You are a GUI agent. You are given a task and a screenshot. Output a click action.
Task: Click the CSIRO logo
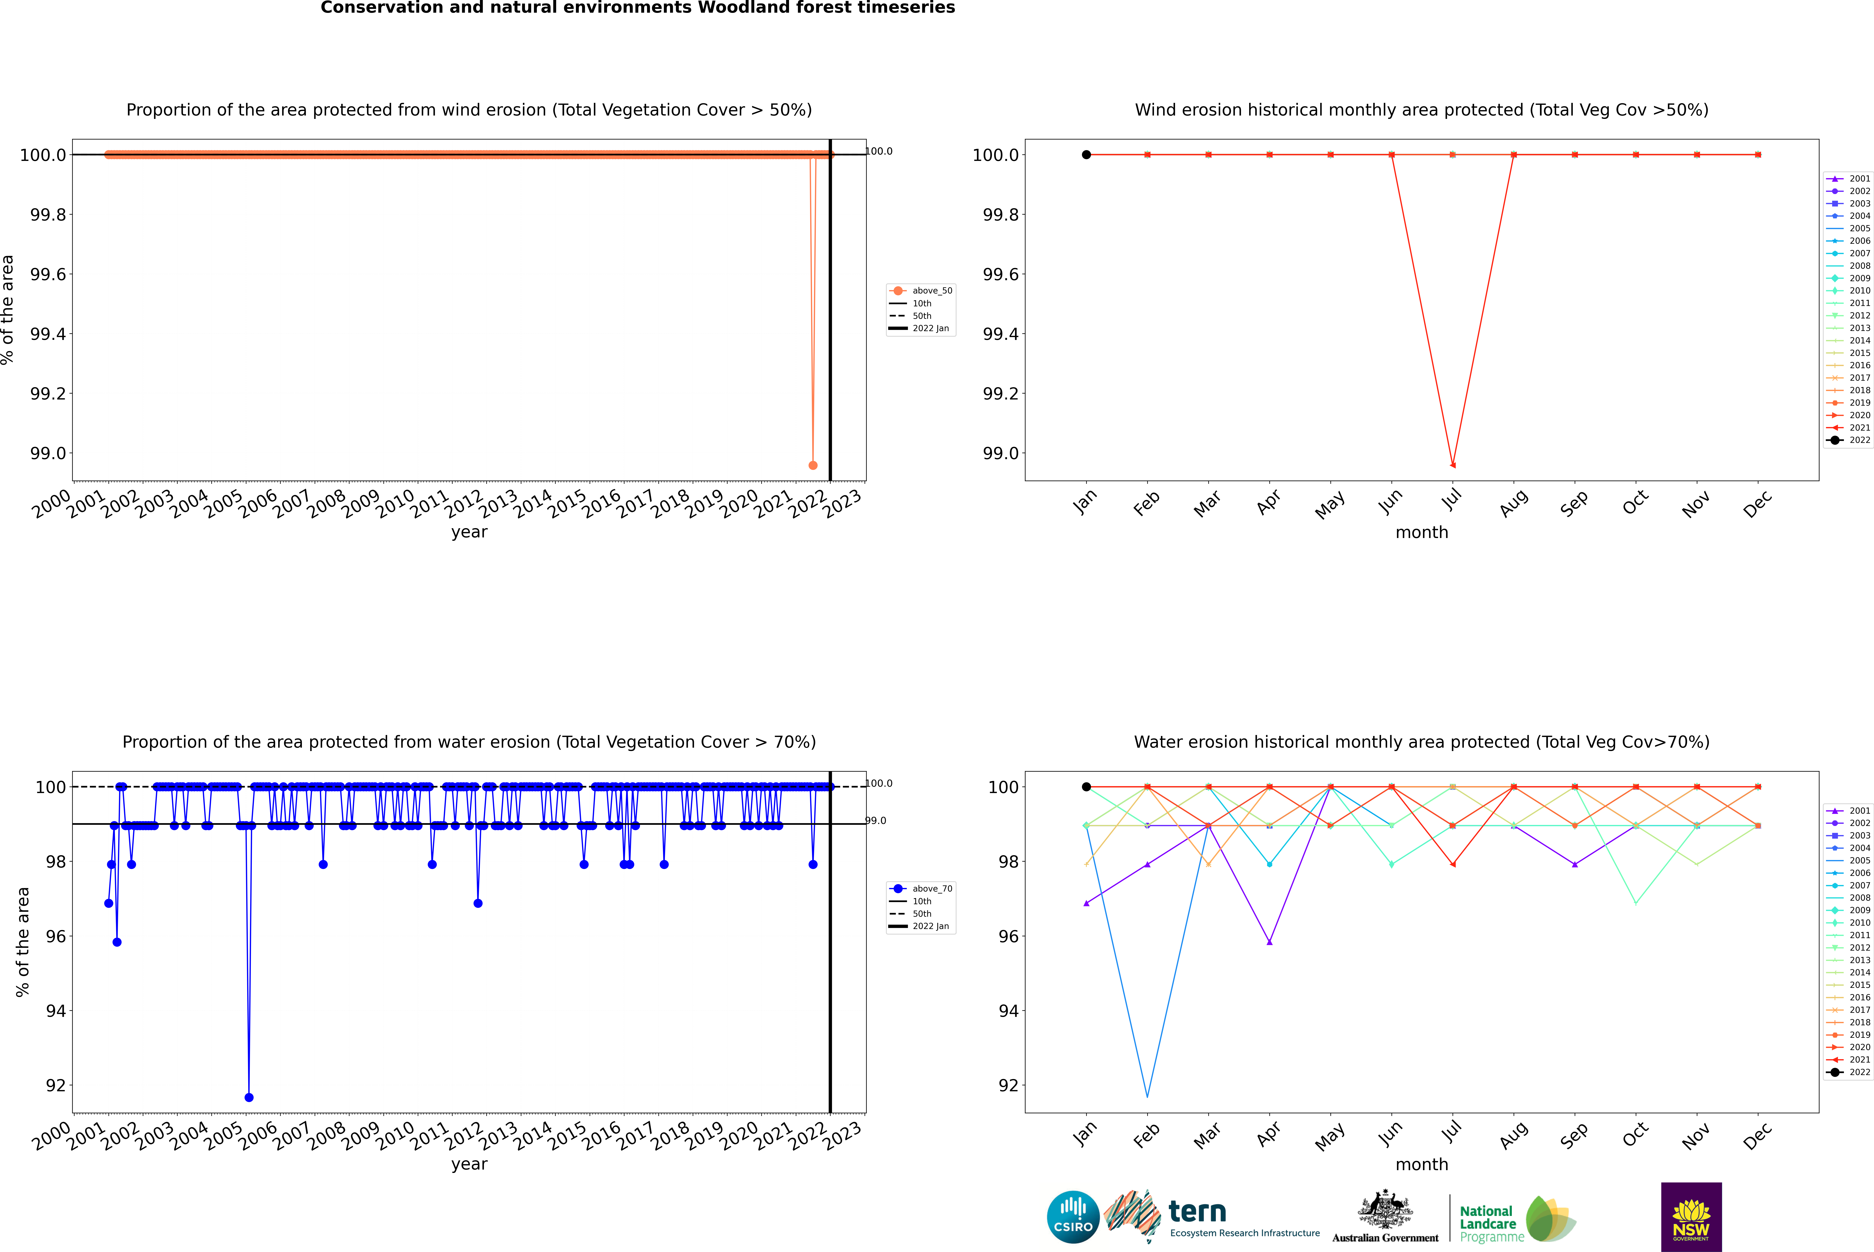[x=1073, y=1217]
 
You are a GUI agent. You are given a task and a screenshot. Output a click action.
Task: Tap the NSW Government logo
[x=1691, y=1217]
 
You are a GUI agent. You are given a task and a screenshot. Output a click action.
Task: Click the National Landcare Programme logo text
[x=1487, y=1223]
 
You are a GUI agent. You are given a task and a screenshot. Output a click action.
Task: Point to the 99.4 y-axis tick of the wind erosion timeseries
[x=48, y=334]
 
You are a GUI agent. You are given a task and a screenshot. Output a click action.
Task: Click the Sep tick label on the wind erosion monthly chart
[x=1574, y=503]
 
